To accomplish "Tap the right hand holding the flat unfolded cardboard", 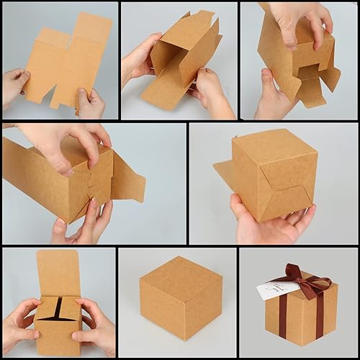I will [91, 104].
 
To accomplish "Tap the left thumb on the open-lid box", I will [29, 311].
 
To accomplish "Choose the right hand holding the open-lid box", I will [97, 328].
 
